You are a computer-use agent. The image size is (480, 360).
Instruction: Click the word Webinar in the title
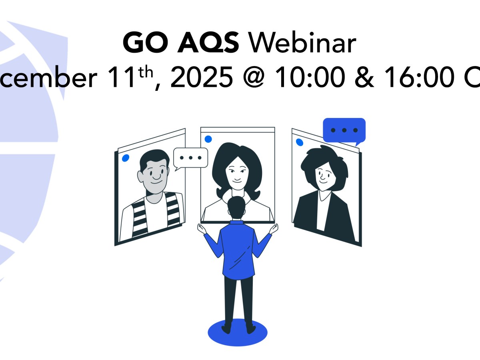point(302,43)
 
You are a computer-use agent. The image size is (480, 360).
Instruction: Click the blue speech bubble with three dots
point(344,130)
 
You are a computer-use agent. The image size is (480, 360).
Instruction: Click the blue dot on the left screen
point(126,158)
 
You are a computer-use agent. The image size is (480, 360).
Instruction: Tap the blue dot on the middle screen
point(208,139)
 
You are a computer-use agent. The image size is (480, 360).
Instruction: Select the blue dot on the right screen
point(299,142)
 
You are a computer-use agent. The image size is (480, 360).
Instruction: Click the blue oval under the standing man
point(238,332)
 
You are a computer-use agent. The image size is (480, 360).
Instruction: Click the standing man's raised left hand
point(201,228)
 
